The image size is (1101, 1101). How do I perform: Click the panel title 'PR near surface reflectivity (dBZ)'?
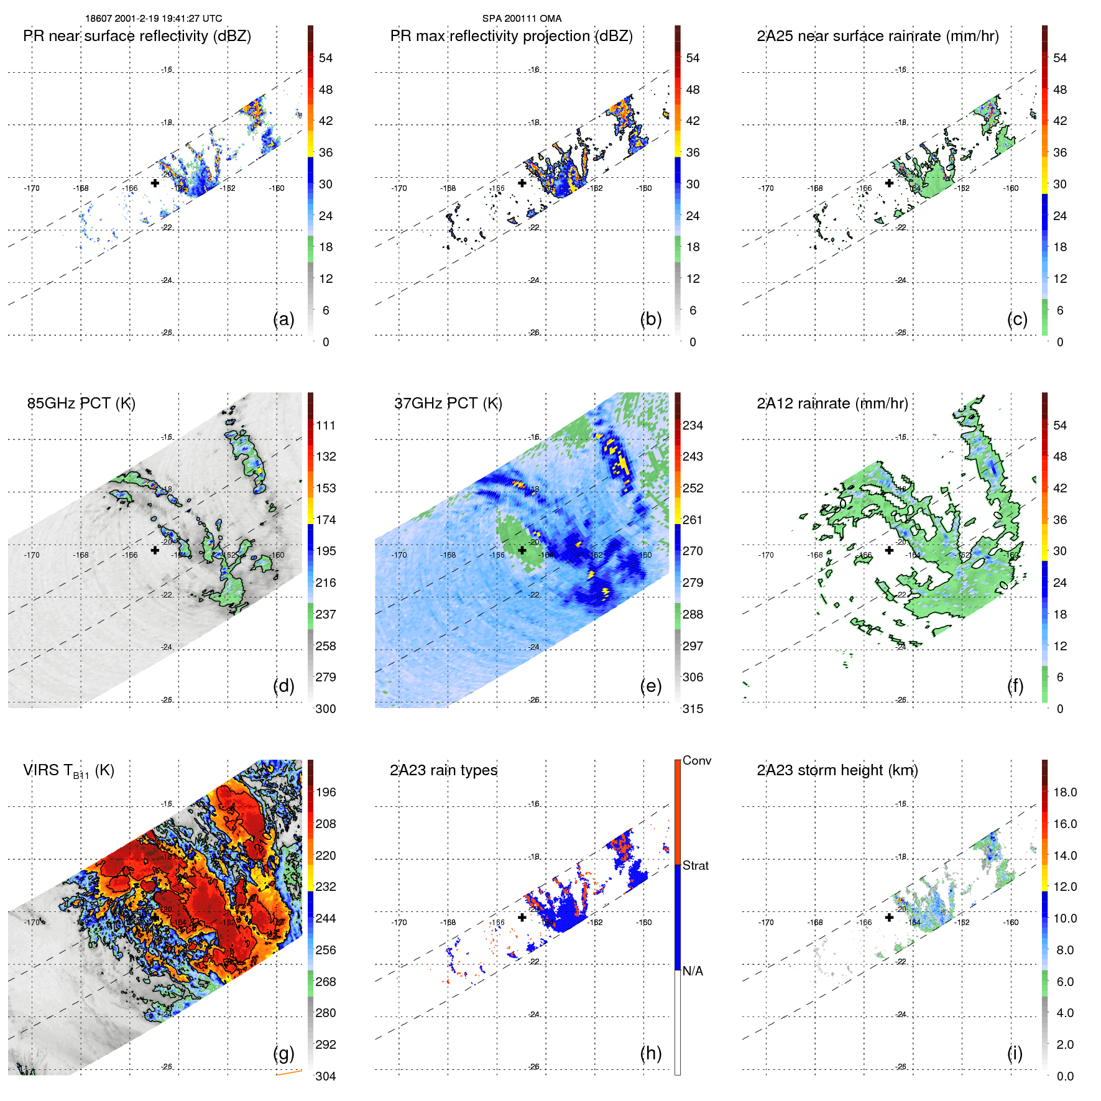[137, 36]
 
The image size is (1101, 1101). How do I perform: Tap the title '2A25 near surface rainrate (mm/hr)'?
[878, 36]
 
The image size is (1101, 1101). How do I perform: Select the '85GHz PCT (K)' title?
[81, 403]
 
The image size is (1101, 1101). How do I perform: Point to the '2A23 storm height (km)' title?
[837, 770]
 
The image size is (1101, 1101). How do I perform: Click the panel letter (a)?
[283, 319]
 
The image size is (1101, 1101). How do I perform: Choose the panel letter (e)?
[650, 686]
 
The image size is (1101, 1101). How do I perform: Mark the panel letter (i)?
[1015, 1053]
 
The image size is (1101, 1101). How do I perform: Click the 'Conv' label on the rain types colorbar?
[697, 760]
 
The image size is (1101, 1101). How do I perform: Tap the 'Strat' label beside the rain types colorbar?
[696, 865]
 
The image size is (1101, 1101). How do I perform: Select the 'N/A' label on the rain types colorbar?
[693, 971]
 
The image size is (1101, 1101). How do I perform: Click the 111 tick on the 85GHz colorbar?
[326, 425]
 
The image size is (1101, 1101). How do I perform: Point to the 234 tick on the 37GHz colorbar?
[693, 425]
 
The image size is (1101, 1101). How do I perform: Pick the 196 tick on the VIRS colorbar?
[326, 792]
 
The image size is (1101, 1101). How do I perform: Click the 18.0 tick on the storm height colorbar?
[1065, 792]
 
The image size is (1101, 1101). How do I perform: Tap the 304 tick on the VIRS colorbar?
[326, 1076]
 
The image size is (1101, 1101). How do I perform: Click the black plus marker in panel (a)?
[155, 183]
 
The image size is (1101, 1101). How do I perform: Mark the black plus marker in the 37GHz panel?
[522, 550]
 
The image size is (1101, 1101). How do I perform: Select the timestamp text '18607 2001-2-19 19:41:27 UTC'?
[154, 19]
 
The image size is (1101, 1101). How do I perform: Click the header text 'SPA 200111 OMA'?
[522, 19]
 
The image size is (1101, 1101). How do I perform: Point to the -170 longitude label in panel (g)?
[32, 922]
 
